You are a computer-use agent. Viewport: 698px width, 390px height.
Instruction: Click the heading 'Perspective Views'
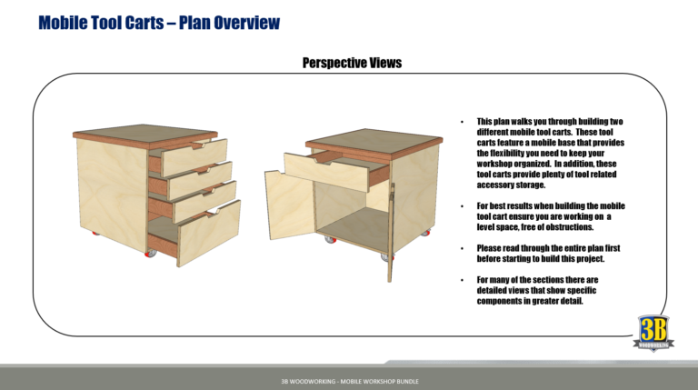(351, 63)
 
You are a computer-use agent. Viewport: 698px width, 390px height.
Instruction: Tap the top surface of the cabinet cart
(373, 139)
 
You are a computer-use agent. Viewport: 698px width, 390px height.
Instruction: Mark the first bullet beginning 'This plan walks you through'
(551, 153)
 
